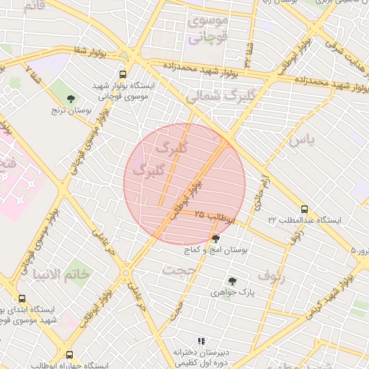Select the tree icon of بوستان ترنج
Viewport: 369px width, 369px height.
click(70, 99)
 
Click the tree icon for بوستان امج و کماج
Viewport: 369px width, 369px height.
click(215, 239)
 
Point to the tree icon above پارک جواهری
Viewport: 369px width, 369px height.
click(231, 281)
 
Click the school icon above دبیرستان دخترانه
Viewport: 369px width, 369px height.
click(201, 340)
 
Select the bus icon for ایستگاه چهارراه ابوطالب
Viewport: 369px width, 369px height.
click(69, 355)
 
